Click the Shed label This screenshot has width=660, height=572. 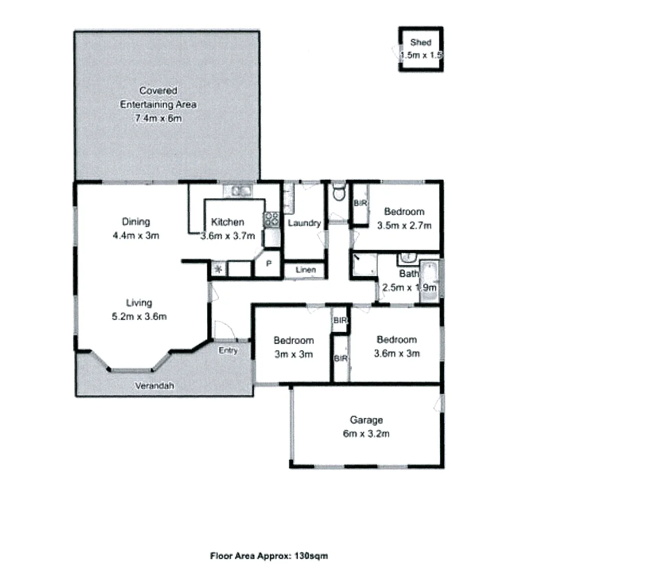coord(420,42)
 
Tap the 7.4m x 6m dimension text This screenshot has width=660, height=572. coord(158,119)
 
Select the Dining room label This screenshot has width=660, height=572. coord(136,222)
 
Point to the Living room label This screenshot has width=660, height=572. coord(139,303)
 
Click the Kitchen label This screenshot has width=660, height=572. coord(227,222)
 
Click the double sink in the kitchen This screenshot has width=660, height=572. coord(237,191)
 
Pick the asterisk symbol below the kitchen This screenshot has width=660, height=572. coord(218,269)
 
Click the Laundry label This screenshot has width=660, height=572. coord(304,223)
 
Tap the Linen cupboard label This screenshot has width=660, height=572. coord(305,270)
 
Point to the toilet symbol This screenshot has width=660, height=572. coord(338,193)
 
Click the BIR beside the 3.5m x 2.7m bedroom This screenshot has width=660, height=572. coord(360,203)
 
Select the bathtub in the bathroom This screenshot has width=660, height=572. coord(428,281)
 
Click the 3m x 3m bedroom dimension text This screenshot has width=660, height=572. coord(293,354)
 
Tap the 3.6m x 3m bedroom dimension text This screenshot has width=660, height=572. coord(397,353)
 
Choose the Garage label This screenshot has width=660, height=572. coord(366,420)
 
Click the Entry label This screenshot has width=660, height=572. coord(228,351)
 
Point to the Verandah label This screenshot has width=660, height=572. coord(154,386)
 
